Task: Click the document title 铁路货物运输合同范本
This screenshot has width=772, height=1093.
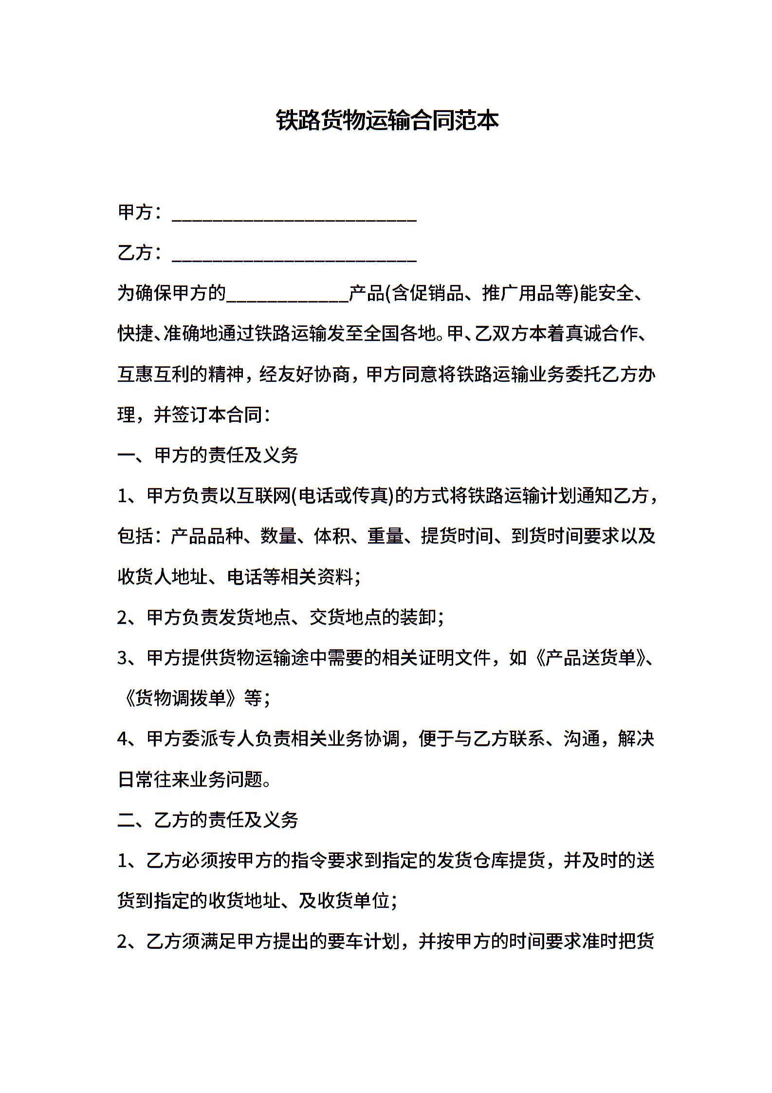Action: pyautogui.click(x=387, y=121)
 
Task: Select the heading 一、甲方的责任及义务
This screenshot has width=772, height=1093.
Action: pyautogui.click(x=208, y=455)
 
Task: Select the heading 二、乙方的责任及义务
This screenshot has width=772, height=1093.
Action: pyautogui.click(x=208, y=820)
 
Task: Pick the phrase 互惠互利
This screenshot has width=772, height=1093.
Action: pyautogui.click(x=154, y=375)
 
